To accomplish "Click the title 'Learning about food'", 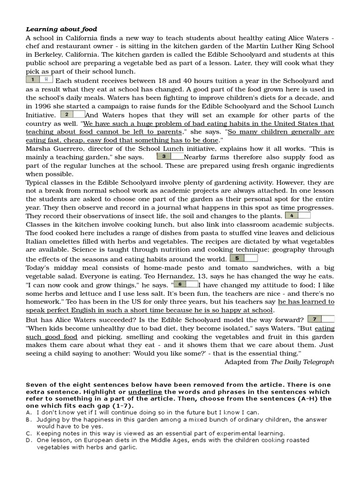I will coord(61,30).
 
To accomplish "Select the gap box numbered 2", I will coord(73,114).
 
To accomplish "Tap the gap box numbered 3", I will coord(171,156).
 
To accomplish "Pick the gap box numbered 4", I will coord(297,216).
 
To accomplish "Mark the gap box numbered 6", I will coord(186,284).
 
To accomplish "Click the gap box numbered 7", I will coord(321,319).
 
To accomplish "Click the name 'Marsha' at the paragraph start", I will coord(38,149).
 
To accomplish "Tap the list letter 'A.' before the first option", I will coord(29,412).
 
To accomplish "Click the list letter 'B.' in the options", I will coord(29,420).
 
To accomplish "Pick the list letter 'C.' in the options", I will coord(29,434).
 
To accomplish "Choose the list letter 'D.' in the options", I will coord(29,441).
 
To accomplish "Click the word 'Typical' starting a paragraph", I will coord(38,183).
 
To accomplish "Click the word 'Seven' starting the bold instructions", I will coord(36,384).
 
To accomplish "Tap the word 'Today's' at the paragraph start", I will coord(39,268).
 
